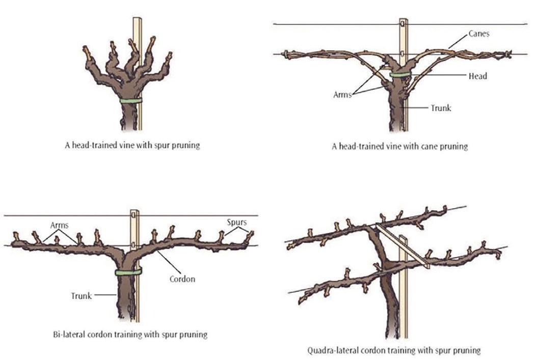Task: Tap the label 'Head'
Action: tap(477, 76)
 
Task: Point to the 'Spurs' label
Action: tap(238, 223)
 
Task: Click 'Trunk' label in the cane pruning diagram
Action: tap(441, 108)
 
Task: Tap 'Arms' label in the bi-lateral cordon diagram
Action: tap(60, 224)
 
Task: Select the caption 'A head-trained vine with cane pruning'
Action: tap(398, 146)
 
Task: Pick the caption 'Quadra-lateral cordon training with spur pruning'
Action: tap(394, 350)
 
